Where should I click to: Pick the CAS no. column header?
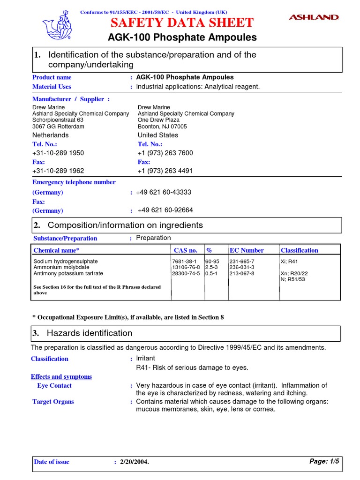tap(186, 250)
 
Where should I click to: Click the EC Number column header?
tap(247, 250)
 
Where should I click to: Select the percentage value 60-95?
tap(212, 261)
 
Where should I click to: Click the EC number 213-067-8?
tap(241, 273)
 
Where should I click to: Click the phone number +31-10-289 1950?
tap(58, 153)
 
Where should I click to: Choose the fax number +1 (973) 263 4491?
tap(165, 171)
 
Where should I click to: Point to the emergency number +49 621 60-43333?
tap(164, 193)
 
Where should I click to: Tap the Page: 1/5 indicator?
tap(324, 462)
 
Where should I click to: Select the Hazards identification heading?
tap(90, 333)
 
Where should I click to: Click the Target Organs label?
tap(53, 402)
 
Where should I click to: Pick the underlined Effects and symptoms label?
tap(61, 377)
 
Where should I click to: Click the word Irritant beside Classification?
tap(145, 359)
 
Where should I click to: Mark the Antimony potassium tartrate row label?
tap(68, 273)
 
